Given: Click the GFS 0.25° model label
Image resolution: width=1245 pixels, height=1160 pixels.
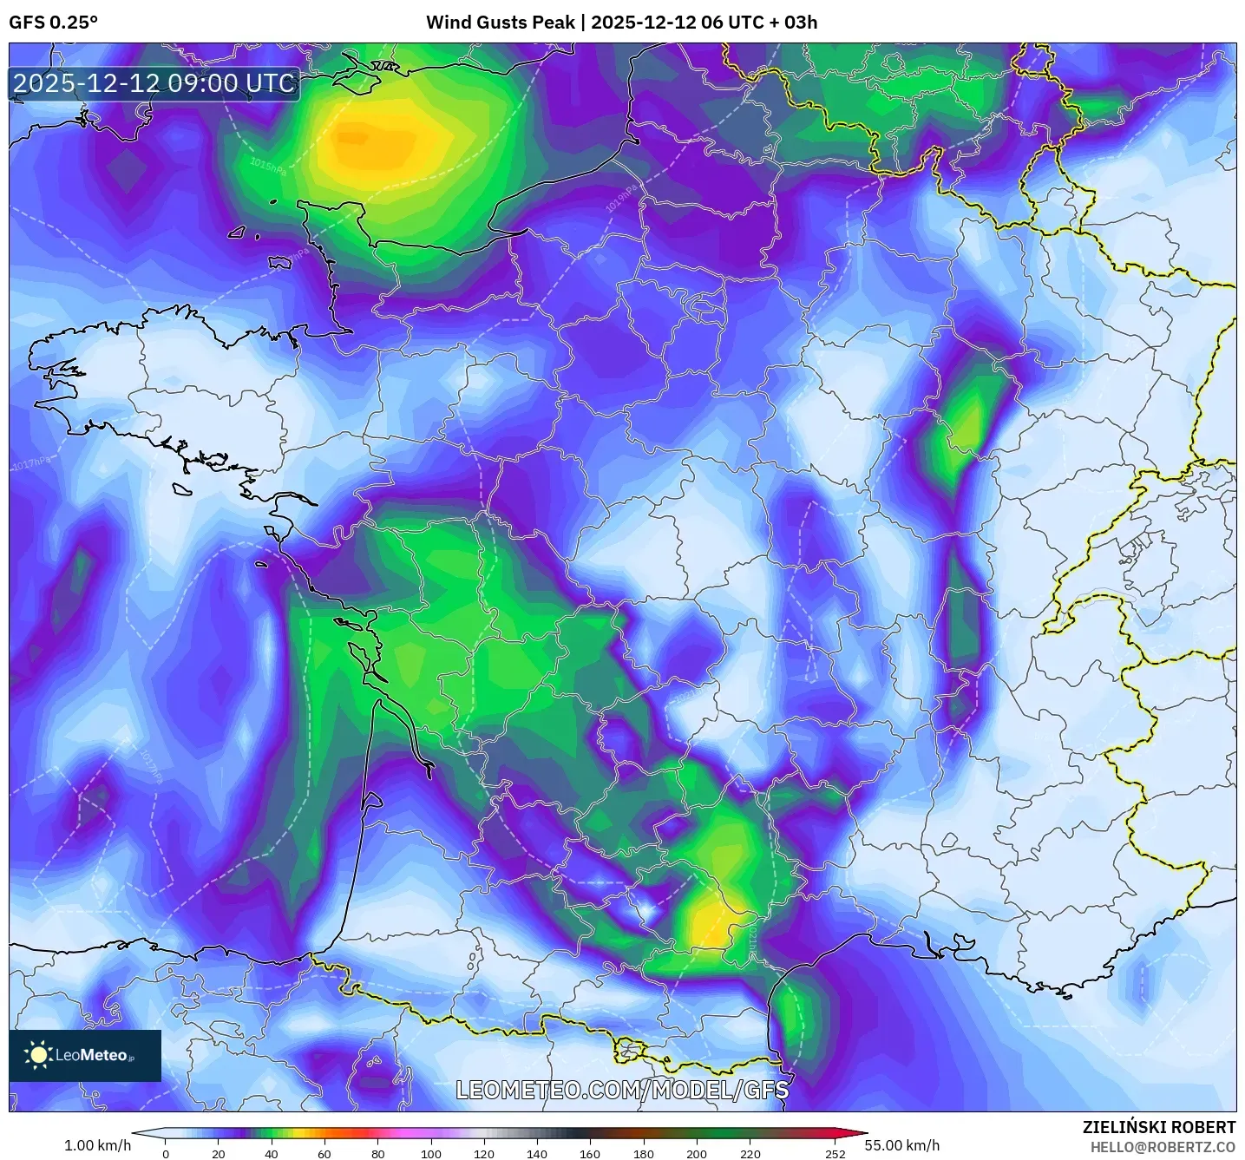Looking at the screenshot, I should (x=53, y=23).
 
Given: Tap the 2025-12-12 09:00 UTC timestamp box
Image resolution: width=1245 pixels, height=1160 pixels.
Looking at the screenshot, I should (x=154, y=83).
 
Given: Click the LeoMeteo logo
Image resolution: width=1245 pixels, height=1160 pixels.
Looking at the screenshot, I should (x=85, y=1055).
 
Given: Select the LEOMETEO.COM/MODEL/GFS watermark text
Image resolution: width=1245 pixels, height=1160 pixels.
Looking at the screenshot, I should (x=622, y=1090).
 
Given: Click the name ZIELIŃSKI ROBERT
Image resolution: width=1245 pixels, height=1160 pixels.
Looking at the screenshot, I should (x=1158, y=1127).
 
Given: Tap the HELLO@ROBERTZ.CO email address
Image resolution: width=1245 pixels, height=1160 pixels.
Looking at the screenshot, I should (x=1162, y=1147).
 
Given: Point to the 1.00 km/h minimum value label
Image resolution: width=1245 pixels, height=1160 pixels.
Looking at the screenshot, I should (x=97, y=1145).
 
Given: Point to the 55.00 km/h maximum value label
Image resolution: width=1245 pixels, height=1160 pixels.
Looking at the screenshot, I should (x=901, y=1145).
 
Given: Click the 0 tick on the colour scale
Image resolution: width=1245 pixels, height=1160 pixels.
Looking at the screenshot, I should (x=166, y=1153).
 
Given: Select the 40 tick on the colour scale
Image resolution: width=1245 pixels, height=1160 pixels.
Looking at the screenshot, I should (x=272, y=1153).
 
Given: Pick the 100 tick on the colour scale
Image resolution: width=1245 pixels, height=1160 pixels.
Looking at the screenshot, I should (x=431, y=1153).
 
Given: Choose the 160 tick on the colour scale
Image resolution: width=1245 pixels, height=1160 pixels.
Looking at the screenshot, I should (x=590, y=1153).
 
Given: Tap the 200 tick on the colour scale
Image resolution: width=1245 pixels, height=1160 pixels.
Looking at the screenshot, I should (x=697, y=1153).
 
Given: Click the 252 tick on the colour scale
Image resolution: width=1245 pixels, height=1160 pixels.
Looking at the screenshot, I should (x=835, y=1153).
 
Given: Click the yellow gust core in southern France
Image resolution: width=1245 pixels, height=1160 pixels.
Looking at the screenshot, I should (x=711, y=924).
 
